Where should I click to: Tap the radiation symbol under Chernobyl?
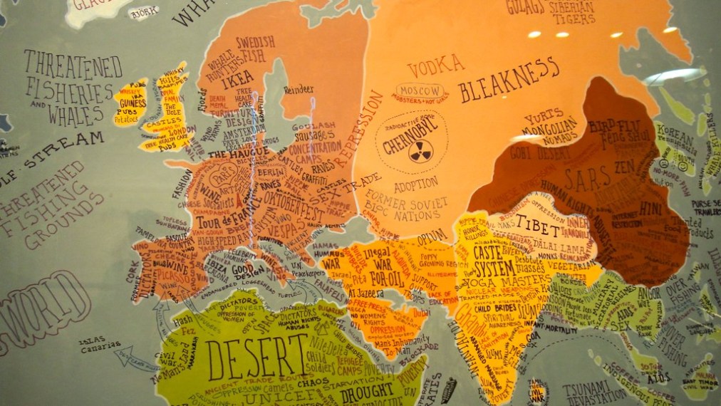[x=420, y=153]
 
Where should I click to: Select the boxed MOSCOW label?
[x=418, y=91]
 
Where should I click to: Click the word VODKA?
[x=435, y=66]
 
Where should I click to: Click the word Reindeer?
[x=298, y=89]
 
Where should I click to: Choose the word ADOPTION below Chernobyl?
[x=416, y=184]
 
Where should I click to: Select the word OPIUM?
[x=435, y=234]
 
